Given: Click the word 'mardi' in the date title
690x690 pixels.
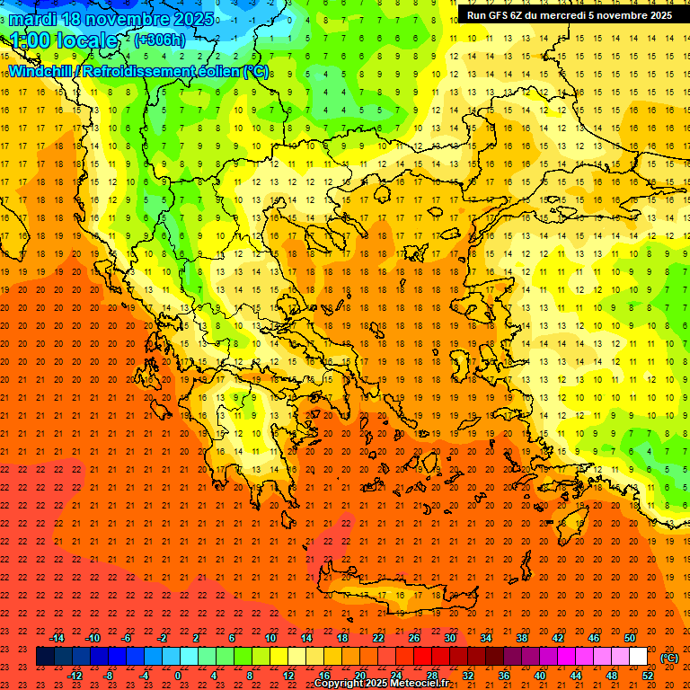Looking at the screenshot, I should point(33,19).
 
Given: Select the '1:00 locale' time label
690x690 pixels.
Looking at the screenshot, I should point(64,40).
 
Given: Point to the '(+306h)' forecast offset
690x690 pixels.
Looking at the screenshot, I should point(160,40).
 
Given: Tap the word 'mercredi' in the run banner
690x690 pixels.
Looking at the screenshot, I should point(558,15).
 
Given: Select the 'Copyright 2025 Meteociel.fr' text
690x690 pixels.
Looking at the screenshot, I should point(381,684).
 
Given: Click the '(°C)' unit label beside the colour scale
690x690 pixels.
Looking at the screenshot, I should point(669,658).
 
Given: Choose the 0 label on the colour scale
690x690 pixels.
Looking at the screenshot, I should point(178,676).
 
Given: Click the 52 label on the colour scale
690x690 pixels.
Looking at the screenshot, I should point(648,676).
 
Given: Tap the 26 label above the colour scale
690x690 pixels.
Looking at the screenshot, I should point(413,638).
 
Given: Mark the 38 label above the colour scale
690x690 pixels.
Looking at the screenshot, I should point(521,638).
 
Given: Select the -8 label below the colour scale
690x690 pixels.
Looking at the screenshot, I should point(109,676).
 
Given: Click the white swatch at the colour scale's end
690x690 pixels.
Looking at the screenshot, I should point(638,657).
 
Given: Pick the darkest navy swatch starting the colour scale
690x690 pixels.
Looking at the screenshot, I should point(45,657).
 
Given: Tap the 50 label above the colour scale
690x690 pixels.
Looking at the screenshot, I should point(630,638).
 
